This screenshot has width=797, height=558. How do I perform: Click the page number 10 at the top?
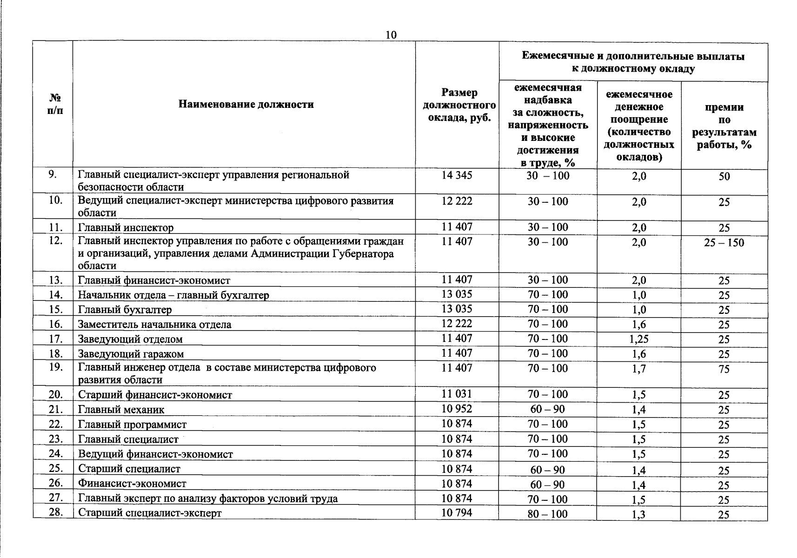pos(392,35)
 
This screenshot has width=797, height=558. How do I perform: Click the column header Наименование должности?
pos(246,104)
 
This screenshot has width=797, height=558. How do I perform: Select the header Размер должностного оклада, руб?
pos(459,105)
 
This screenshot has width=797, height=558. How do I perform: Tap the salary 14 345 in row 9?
pos(457,175)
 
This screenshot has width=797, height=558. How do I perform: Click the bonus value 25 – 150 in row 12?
pos(724,243)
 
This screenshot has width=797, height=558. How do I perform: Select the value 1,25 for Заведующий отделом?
pos(638,339)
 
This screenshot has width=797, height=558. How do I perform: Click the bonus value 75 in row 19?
pos(724,369)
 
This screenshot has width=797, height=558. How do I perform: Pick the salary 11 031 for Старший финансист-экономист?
pos(457,394)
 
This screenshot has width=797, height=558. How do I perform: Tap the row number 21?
pos(55,409)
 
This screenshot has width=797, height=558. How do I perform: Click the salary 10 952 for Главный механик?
pos(457,409)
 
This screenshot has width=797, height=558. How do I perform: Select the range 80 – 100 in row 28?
pos(547,514)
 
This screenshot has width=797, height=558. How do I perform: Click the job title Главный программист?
pos(132,425)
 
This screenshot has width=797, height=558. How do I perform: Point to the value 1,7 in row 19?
pos(638,369)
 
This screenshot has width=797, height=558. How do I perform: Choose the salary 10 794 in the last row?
pos(457,513)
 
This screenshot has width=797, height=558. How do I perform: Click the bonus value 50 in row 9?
pos(724,177)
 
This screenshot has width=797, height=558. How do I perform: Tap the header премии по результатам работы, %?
pos(724,126)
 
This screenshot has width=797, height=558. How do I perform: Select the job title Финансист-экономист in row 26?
pos(132,484)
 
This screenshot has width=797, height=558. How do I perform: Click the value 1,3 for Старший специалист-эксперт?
pos(638,515)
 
